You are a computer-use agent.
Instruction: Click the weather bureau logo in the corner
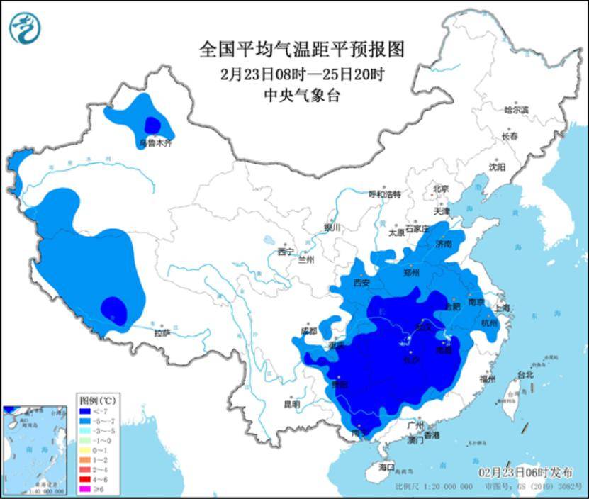pos(25,28)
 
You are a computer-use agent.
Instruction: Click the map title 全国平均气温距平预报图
pos(301,50)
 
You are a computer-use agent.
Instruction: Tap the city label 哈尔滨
pos(516,110)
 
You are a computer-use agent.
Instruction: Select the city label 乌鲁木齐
pos(155,143)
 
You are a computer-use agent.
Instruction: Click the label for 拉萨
pos(162,332)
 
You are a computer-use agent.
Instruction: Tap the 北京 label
pos(441,189)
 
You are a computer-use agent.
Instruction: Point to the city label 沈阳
pos(497,167)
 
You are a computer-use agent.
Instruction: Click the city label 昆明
pos(291,404)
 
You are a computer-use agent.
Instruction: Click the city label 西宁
pos(285,252)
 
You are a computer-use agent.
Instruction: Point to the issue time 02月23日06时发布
pos(524,473)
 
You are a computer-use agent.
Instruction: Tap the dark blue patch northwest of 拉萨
pos(113,308)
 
